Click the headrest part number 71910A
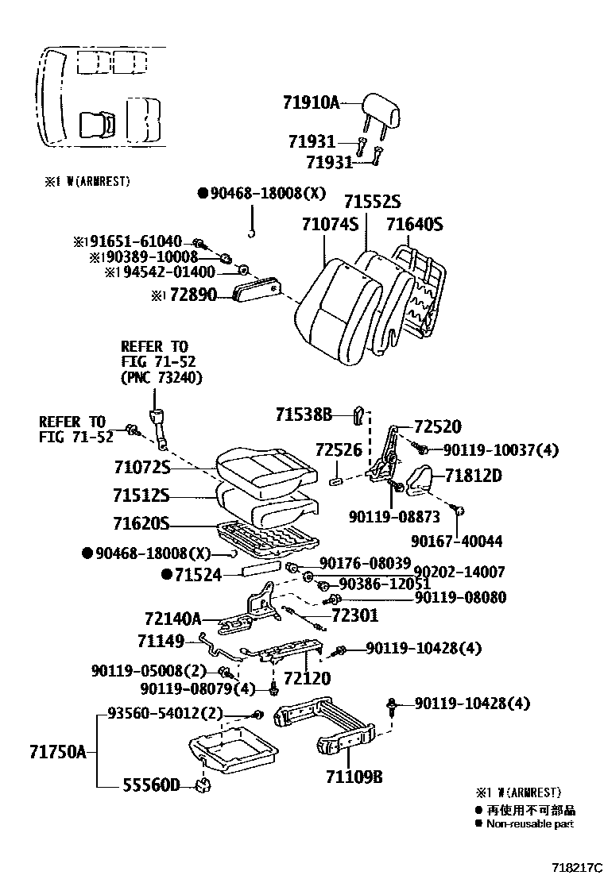coord(311,102)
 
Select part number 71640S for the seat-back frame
coord(414,225)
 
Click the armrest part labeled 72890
coord(197,295)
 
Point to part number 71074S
coord(330,225)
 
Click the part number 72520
coord(438,427)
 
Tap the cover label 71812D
coord(473,476)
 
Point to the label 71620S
coord(141,524)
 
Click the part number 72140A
coord(173,616)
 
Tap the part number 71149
coord(161,640)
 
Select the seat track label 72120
coord(307,680)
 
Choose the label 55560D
coord(153,785)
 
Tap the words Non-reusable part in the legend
coord(530,823)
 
